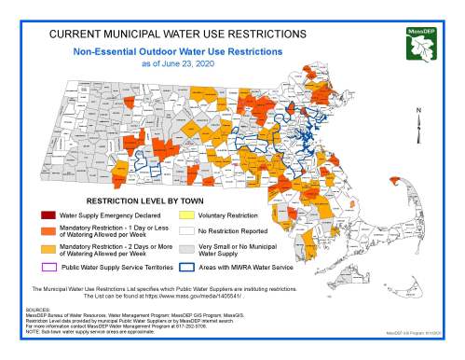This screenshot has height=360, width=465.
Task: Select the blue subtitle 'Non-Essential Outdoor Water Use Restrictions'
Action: [x=179, y=52]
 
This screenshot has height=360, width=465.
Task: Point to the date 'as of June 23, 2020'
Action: [x=179, y=64]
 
